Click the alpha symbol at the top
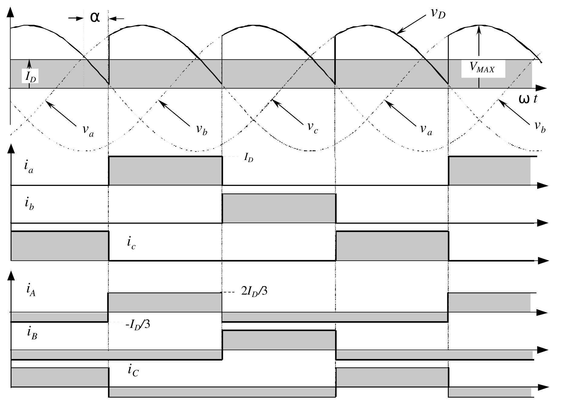pyautogui.click(x=95, y=17)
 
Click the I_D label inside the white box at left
pyautogui.click(x=31, y=77)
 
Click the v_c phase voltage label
pyautogui.click(x=312, y=127)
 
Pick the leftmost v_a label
pyautogui.click(x=88, y=130)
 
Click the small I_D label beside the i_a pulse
pyautogui.click(x=248, y=158)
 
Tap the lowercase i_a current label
pyautogui.click(x=29, y=167)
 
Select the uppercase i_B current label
pyautogui.click(x=32, y=333)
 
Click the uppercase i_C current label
pyautogui.click(x=133, y=370)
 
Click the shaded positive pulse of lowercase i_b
pyautogui.click(x=279, y=208)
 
